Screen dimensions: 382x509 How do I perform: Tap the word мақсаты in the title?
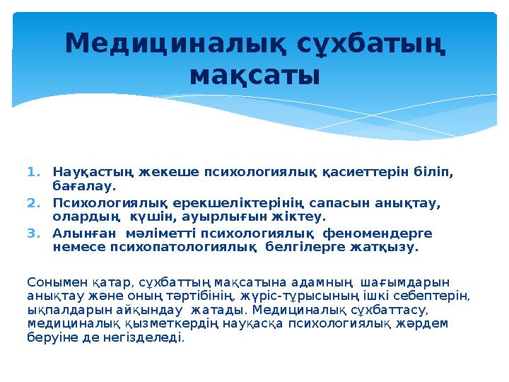(255, 73)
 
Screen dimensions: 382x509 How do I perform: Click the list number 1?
(32, 171)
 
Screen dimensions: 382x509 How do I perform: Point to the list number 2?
(32, 202)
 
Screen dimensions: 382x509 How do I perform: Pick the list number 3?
(32, 233)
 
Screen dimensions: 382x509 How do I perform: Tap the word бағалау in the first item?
(83, 187)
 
